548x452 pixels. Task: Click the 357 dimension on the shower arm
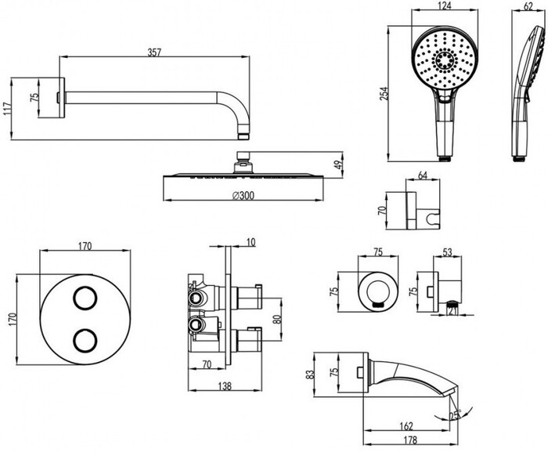(154, 52)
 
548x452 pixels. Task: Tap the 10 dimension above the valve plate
(250, 243)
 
